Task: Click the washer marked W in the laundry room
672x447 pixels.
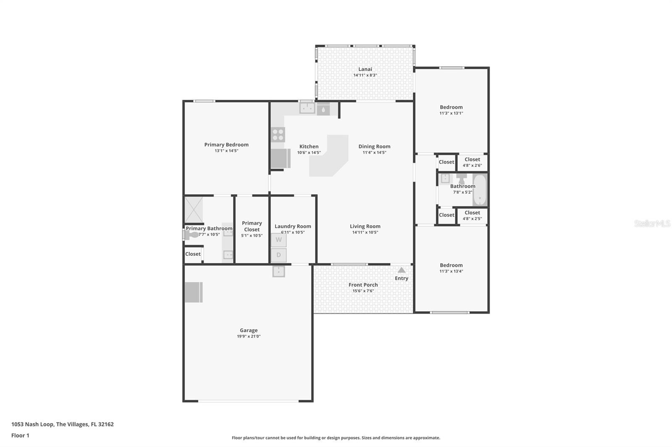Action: tap(278, 240)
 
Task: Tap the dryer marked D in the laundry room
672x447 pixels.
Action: tap(278, 255)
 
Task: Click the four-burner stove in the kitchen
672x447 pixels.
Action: tap(278, 135)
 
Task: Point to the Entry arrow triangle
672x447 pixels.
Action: tap(402, 270)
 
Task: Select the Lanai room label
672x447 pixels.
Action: tap(365, 69)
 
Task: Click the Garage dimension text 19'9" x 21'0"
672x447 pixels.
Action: tap(249, 336)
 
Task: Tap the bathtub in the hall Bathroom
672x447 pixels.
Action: tap(480, 190)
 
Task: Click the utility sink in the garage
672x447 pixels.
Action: tap(278, 271)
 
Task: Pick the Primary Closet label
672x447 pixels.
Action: tap(252, 226)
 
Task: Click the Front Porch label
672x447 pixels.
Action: tap(363, 285)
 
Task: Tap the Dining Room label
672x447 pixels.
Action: tap(374, 146)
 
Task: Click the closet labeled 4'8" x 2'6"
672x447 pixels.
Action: tap(472, 162)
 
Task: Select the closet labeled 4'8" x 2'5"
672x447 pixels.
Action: tap(472, 216)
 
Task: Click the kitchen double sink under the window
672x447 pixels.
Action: tap(307, 108)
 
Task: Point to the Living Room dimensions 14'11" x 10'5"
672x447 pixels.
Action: tap(365, 232)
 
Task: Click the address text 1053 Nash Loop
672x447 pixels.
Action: tap(32, 424)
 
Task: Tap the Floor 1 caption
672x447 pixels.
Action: tap(20, 436)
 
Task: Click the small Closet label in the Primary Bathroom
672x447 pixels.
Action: tap(193, 254)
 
